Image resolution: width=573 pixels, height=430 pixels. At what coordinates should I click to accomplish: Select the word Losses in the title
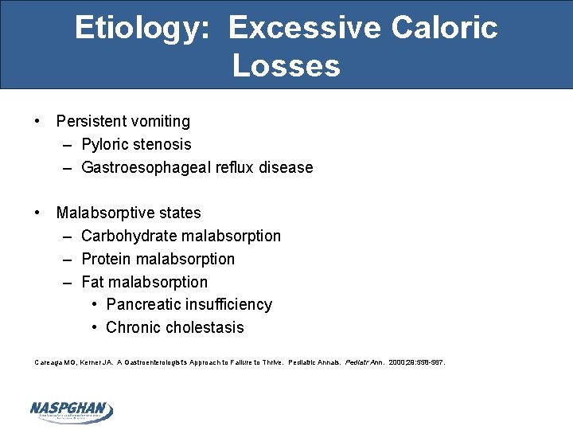click(x=286, y=65)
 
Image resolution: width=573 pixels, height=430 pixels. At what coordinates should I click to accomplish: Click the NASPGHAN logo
click(x=71, y=410)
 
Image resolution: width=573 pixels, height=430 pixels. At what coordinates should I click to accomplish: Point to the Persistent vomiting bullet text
click(x=123, y=122)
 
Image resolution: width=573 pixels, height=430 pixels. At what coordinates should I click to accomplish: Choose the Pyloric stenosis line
click(x=136, y=145)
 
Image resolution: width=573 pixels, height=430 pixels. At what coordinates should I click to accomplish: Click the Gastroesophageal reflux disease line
click(x=197, y=168)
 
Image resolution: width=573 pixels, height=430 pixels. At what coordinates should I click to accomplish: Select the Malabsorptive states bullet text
click(x=128, y=213)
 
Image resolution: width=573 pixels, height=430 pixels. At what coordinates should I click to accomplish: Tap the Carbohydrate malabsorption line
click(x=181, y=236)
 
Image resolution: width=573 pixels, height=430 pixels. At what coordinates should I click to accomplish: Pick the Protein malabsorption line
click(x=158, y=260)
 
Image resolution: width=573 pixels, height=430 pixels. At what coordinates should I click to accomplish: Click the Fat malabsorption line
click(x=144, y=283)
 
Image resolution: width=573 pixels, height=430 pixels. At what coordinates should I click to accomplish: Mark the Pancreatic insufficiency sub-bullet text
click(x=189, y=305)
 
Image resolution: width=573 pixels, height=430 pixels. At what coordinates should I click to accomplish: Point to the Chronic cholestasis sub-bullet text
click(x=174, y=328)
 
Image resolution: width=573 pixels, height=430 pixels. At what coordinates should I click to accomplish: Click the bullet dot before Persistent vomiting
click(x=37, y=122)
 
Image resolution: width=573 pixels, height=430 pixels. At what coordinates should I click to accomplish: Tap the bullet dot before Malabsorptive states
click(x=37, y=213)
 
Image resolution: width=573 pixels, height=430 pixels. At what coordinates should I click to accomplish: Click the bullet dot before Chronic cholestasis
click(x=95, y=328)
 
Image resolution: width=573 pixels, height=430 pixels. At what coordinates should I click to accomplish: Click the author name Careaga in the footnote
click(x=47, y=362)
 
